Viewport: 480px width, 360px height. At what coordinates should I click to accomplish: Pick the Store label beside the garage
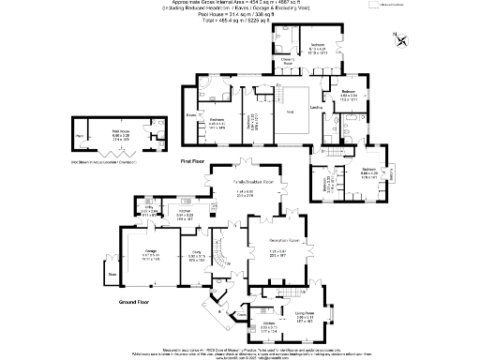point(112,274)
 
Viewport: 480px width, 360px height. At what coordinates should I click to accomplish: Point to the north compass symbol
point(401,39)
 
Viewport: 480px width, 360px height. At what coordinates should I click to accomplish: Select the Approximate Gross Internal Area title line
point(240,5)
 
